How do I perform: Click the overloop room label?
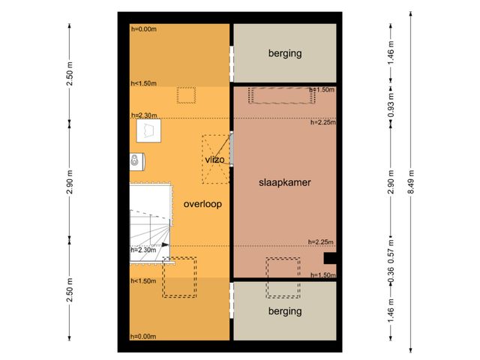[202, 204]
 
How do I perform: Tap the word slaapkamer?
[285, 183]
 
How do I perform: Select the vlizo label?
[214, 160]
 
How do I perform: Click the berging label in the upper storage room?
[285, 53]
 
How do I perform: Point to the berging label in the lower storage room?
[285, 311]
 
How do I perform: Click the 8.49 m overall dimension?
[411, 181]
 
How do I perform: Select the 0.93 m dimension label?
[391, 105]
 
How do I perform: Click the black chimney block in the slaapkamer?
[330, 258]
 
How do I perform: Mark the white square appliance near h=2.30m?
[148, 130]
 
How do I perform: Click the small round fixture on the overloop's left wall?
[134, 160]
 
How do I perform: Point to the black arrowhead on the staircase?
[165, 244]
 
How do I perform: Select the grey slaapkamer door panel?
[232, 148]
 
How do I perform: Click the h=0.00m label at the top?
[143, 29]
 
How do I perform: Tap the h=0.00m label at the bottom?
[143, 337]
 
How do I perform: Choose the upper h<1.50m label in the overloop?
[143, 83]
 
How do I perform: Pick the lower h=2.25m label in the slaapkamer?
[321, 241]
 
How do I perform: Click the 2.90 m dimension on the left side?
[70, 181]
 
